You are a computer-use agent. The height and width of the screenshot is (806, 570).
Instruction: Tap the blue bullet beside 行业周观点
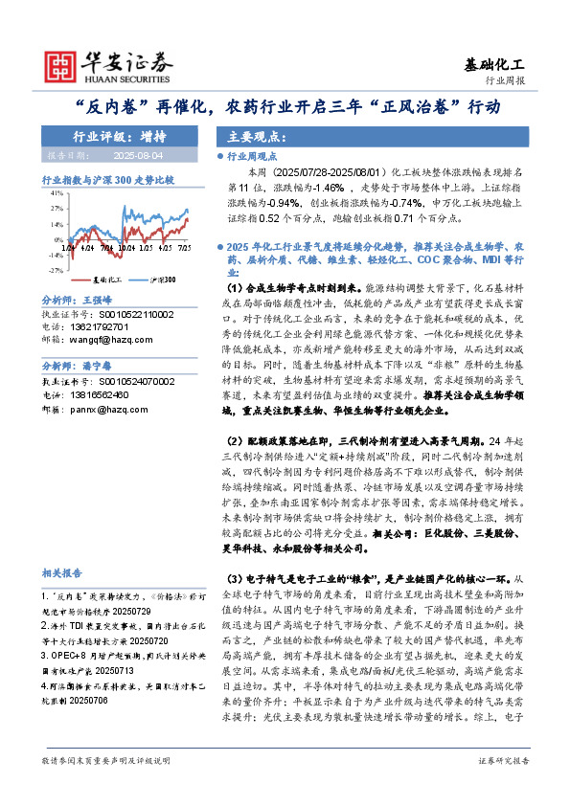pos(219,155)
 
